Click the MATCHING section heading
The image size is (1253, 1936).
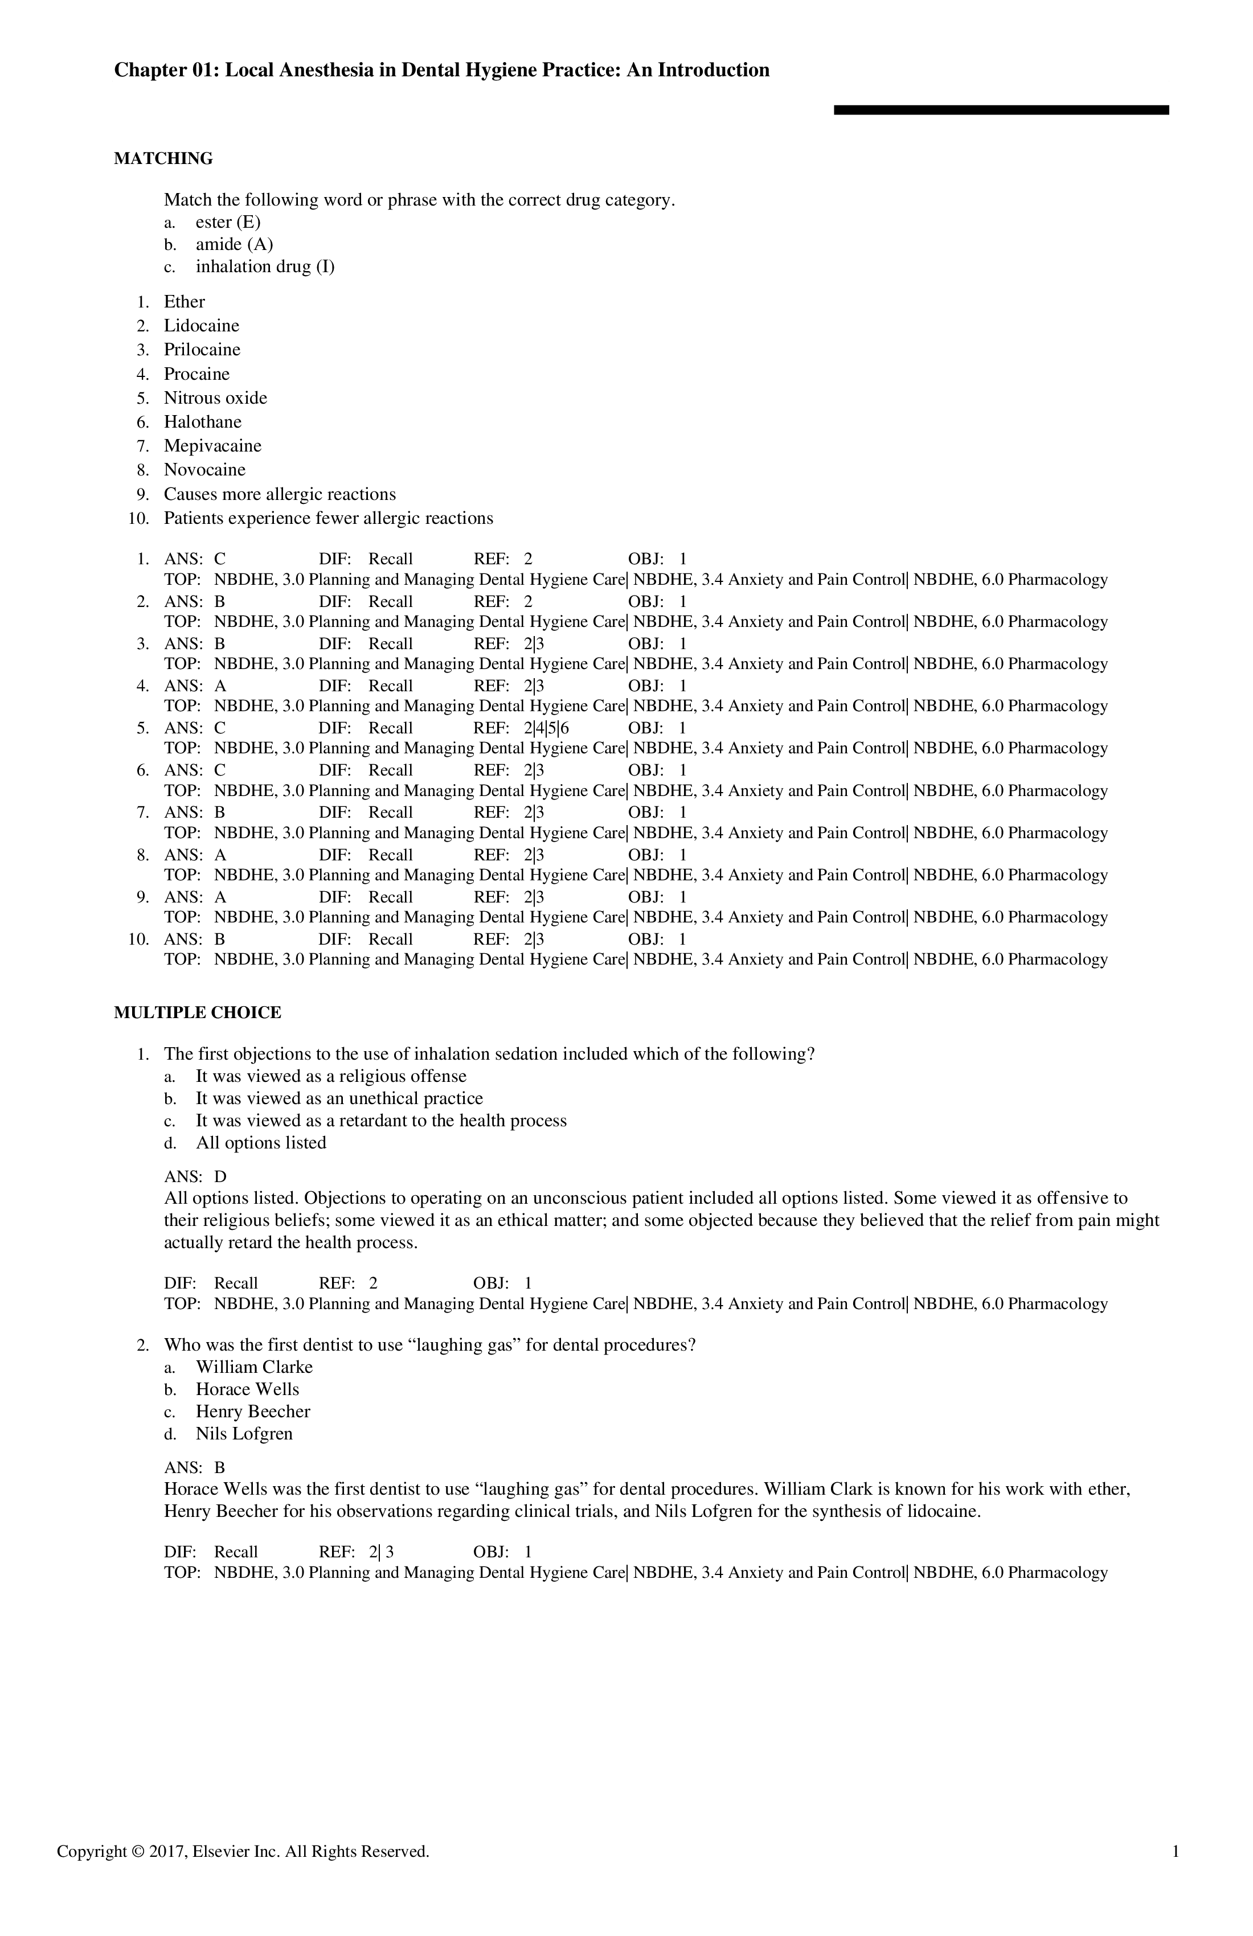coord(163,159)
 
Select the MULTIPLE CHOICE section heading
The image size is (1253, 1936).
coord(197,1013)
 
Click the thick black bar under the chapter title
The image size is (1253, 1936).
coord(1001,110)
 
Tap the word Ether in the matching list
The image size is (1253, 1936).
coord(184,302)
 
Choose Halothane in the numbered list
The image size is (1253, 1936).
coord(203,421)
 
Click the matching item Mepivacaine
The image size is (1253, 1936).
coord(212,446)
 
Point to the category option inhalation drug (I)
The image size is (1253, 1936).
coord(264,267)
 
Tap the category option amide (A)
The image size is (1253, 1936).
coord(234,245)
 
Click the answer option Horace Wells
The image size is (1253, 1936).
coord(247,1389)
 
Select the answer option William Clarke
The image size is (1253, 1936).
coord(254,1367)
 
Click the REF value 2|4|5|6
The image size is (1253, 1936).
coord(546,728)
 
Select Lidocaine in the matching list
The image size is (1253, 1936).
coord(201,325)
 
